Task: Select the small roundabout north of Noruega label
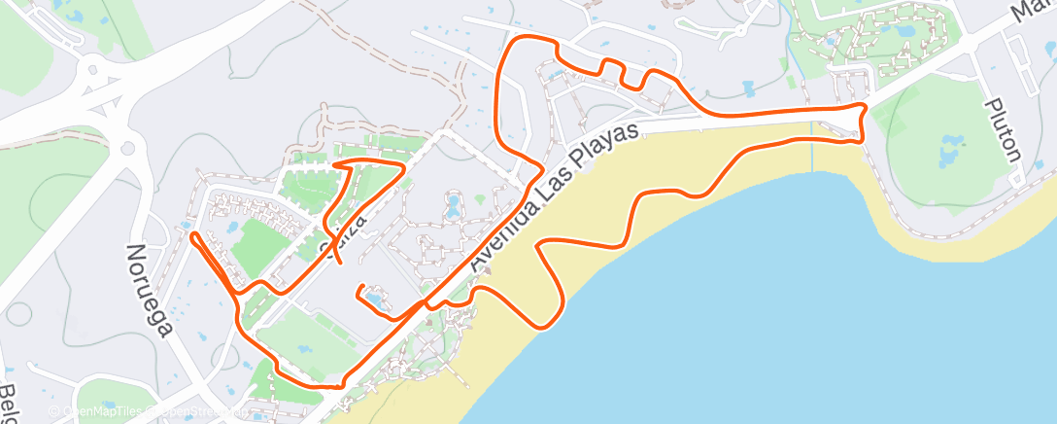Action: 126,149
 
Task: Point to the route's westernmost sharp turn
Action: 194,234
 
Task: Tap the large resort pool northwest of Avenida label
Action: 453,205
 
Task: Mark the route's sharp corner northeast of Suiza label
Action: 401,167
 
